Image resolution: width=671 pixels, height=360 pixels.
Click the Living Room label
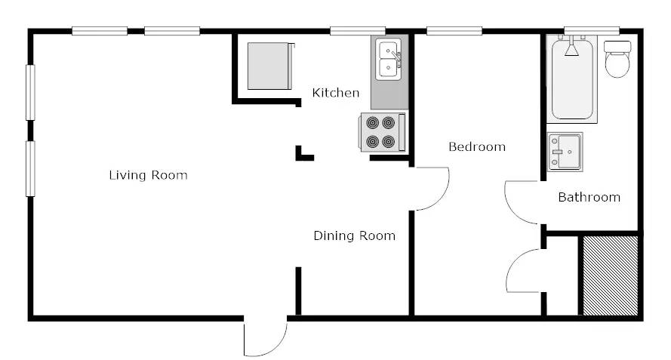coord(148,175)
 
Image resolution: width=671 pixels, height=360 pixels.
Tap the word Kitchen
coord(335,93)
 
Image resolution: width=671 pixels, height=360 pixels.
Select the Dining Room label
coord(354,235)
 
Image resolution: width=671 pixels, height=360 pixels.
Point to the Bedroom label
coord(477,147)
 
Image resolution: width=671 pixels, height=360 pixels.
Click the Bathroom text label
coord(589,197)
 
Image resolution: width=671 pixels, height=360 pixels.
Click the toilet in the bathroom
coord(617,59)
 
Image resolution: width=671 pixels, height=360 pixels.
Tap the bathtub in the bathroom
coord(571,79)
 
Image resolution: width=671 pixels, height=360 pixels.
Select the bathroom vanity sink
coord(565,152)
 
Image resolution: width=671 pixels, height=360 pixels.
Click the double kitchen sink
coord(389,59)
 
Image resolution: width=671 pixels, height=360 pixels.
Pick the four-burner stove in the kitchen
coord(382,132)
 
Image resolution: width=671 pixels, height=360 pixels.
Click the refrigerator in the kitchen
coord(270,66)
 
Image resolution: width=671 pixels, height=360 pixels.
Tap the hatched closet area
coord(610,275)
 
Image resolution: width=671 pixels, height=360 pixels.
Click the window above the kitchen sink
coord(357,31)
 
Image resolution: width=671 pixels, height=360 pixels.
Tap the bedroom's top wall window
coord(454,31)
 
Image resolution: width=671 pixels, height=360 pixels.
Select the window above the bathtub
coord(592,31)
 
